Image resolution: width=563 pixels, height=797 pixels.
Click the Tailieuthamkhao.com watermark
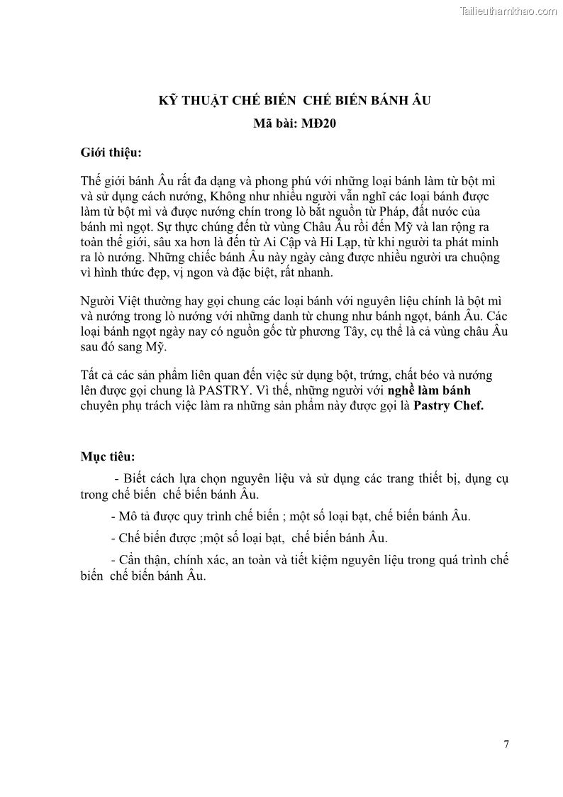[x=508, y=11]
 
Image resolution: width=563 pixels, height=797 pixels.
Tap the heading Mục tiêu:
[x=107, y=455]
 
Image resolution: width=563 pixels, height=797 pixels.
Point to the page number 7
[x=506, y=744]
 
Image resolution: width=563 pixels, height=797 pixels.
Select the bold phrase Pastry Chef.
[x=448, y=406]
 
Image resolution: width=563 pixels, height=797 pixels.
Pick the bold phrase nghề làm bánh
[x=429, y=390]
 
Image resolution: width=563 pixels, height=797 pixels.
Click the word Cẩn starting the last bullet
[x=131, y=560]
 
